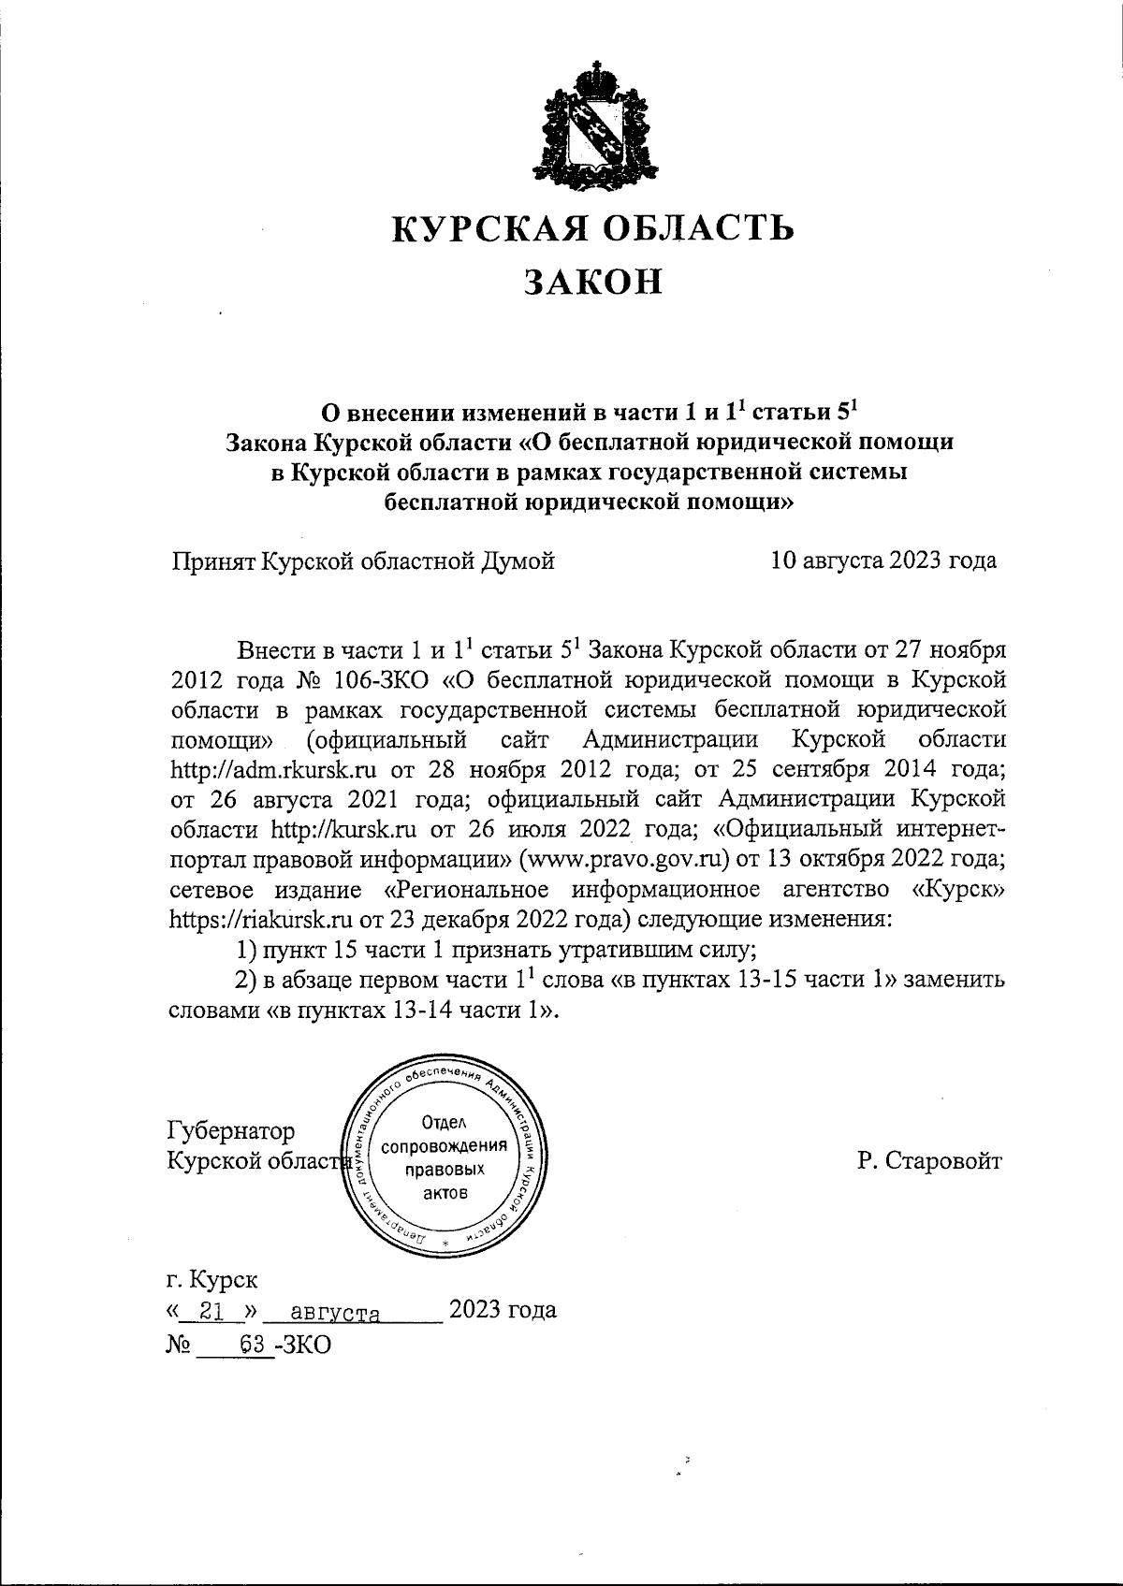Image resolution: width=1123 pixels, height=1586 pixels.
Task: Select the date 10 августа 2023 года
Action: pyautogui.click(x=882, y=560)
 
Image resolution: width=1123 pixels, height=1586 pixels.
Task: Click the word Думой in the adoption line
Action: pyautogui.click(x=517, y=560)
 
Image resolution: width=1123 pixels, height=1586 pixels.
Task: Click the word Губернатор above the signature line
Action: pyautogui.click(x=230, y=1130)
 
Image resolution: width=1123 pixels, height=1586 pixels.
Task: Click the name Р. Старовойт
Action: pyautogui.click(x=928, y=1161)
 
